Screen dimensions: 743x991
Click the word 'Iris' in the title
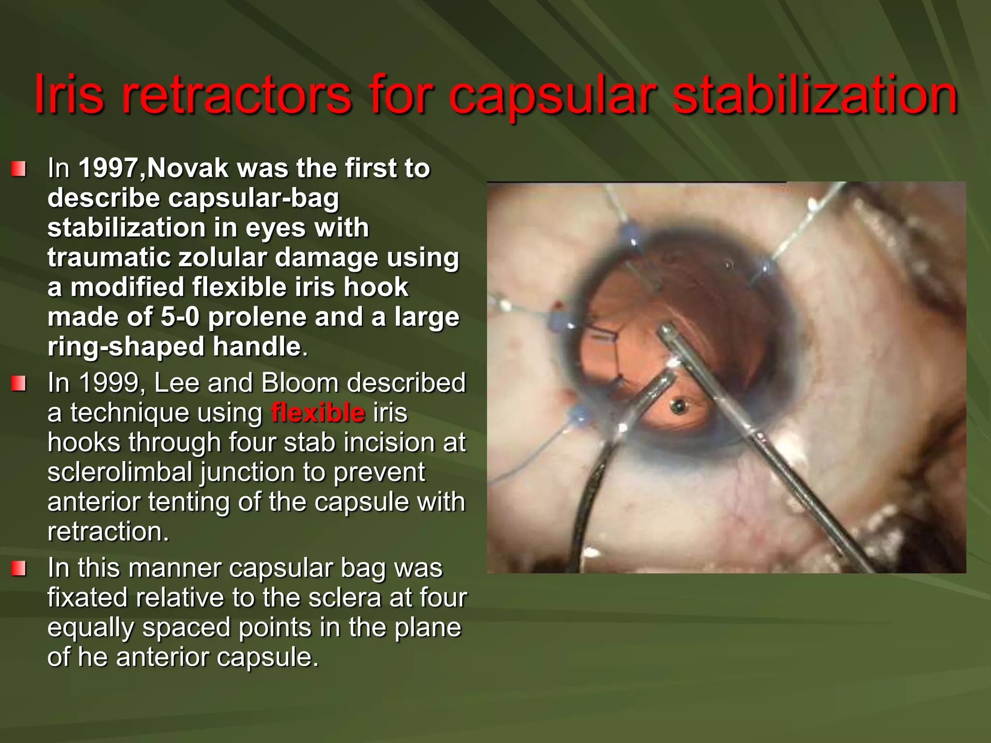point(68,94)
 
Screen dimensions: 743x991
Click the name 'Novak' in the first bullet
point(188,168)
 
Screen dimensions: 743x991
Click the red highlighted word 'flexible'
point(318,413)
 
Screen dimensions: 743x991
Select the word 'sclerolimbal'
point(120,472)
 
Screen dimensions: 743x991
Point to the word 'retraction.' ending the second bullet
point(108,532)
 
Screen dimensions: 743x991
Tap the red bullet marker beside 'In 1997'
point(19,169)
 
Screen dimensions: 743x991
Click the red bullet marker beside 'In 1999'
point(19,384)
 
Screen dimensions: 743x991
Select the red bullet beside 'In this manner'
point(19,569)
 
